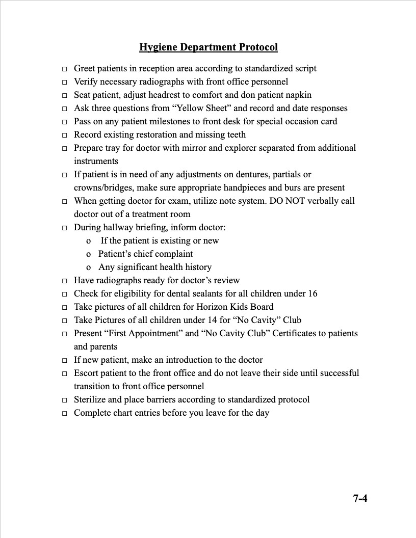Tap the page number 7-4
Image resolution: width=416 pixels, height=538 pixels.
360,498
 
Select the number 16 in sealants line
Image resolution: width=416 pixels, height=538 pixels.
312,293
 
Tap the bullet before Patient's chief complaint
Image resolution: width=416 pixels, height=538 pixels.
89,254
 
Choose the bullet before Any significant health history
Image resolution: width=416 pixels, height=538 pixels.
89,267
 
